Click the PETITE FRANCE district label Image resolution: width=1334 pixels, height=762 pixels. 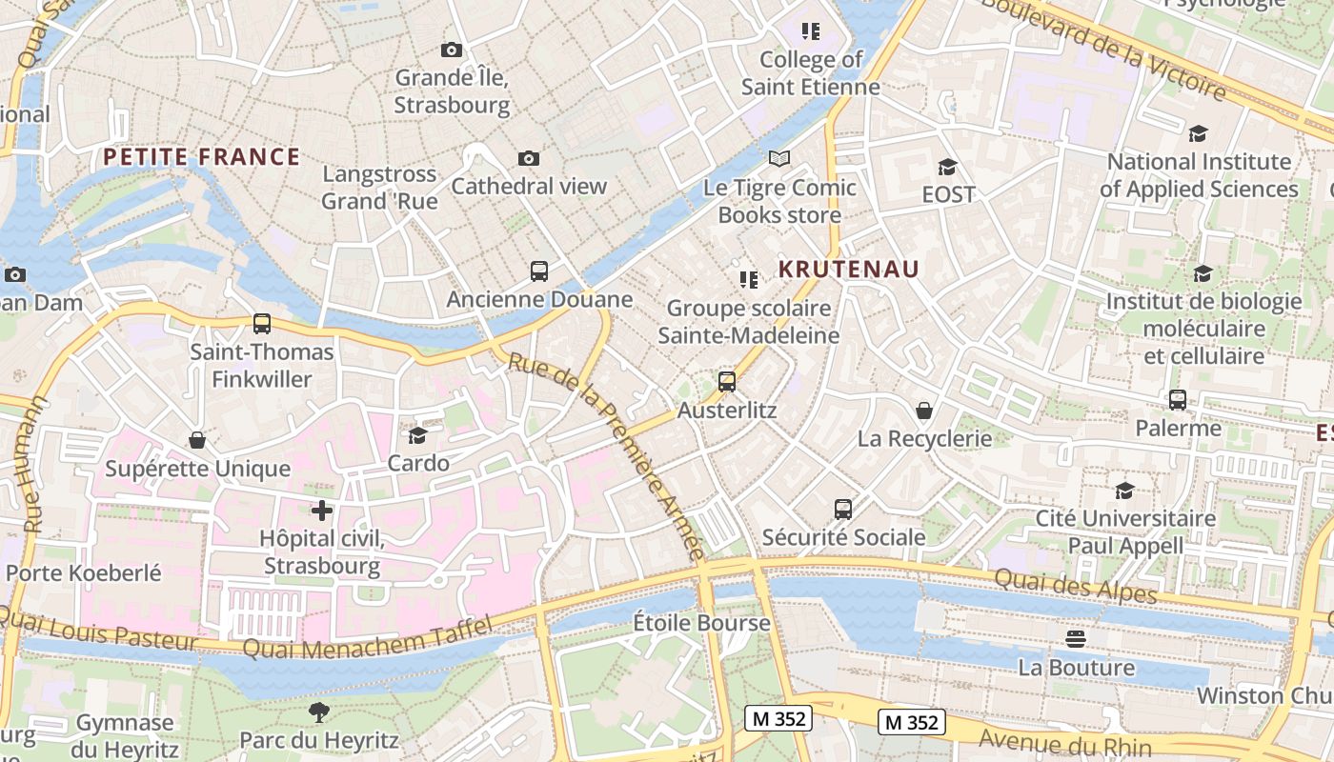click(x=201, y=157)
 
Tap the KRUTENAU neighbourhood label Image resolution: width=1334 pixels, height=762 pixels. click(x=849, y=270)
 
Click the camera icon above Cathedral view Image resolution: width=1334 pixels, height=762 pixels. click(x=529, y=158)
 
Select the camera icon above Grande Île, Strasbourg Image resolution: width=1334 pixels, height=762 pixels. click(x=452, y=50)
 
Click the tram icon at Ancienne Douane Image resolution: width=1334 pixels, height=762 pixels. click(x=539, y=271)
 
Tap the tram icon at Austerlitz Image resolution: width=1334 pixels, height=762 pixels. click(x=727, y=382)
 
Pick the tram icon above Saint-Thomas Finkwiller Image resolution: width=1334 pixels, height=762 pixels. click(x=262, y=324)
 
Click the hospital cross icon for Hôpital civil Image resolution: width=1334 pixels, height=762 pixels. click(x=322, y=511)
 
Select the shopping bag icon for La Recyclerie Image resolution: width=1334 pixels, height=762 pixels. click(x=923, y=411)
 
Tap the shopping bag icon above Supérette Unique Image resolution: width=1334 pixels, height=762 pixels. click(x=197, y=440)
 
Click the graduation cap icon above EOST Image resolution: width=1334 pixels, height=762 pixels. click(x=947, y=167)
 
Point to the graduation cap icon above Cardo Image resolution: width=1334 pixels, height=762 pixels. click(x=417, y=435)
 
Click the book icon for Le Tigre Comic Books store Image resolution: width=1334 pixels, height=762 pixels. click(x=779, y=159)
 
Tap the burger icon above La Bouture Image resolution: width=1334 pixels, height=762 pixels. click(x=1076, y=639)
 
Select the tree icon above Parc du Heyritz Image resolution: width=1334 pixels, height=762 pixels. click(x=318, y=712)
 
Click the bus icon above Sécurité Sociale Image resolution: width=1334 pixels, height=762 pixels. click(x=843, y=510)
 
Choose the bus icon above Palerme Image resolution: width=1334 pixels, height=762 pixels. click(x=1178, y=400)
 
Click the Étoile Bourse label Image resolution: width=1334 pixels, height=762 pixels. click(x=702, y=624)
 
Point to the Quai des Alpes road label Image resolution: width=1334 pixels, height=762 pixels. click(x=1075, y=585)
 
